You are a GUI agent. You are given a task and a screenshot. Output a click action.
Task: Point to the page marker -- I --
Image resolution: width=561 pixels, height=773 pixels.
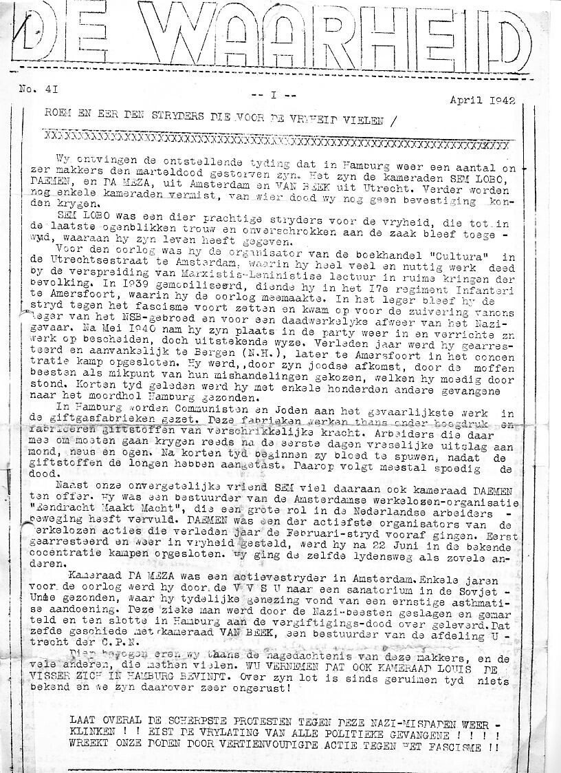click(274, 95)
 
